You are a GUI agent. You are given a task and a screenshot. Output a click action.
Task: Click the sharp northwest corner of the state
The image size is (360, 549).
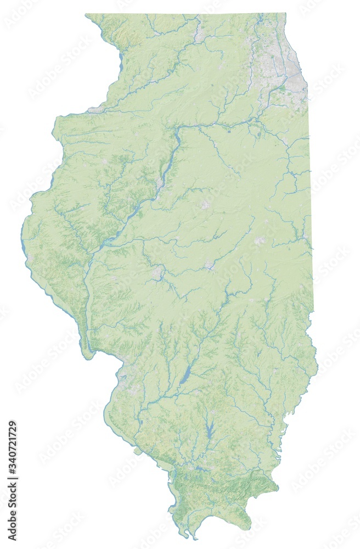(x=87, y=15)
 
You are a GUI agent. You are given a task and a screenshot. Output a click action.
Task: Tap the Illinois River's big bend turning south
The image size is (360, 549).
(x=179, y=132)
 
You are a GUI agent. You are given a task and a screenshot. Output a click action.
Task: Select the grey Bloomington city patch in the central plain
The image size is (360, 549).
(x=205, y=204)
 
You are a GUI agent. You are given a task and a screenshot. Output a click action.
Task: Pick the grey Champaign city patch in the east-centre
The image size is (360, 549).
(x=259, y=240)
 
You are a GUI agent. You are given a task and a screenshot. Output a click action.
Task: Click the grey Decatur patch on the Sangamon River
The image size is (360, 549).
(x=209, y=265)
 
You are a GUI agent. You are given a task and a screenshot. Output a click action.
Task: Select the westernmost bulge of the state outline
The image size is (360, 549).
(x=23, y=231)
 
